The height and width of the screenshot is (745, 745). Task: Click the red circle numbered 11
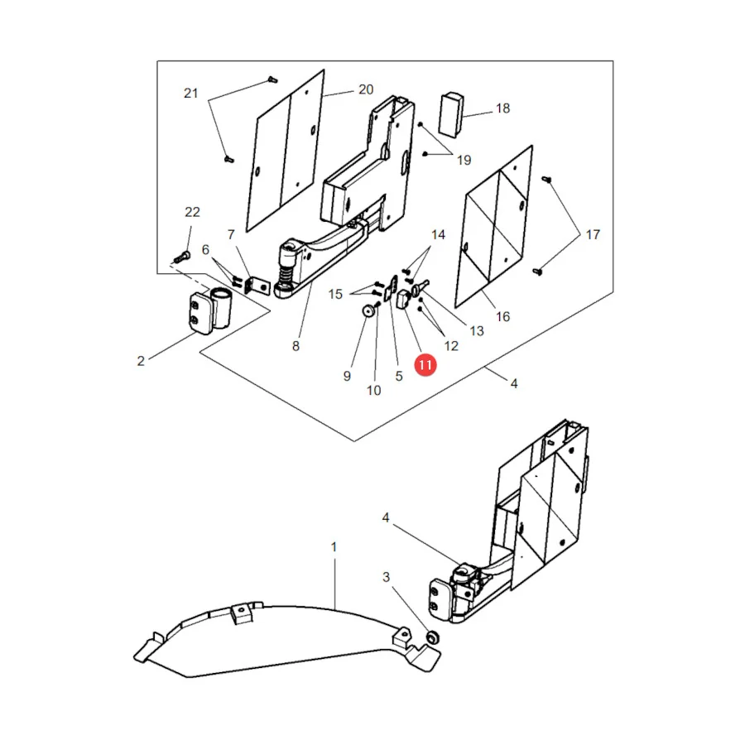tap(425, 365)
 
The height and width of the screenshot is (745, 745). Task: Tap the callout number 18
tap(502, 108)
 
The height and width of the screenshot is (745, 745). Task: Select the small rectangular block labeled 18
tap(451, 114)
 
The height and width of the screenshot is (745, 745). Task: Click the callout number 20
tap(366, 89)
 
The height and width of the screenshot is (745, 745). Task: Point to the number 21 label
tap(190, 93)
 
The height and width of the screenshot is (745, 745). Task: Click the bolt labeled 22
tap(182, 257)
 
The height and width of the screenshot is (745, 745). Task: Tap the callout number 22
tap(192, 212)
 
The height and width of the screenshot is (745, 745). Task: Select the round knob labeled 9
tap(368, 311)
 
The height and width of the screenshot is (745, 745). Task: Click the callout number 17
tap(593, 234)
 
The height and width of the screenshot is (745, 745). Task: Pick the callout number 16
tap(502, 316)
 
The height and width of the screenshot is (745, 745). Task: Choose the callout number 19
tap(464, 160)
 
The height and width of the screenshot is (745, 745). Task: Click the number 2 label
tap(141, 361)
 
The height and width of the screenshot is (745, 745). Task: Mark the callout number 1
tap(334, 547)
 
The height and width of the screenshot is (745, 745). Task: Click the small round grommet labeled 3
tap(432, 637)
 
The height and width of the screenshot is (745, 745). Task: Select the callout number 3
tap(386, 577)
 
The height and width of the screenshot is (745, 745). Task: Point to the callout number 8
tap(296, 346)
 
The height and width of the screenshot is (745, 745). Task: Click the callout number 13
tap(477, 330)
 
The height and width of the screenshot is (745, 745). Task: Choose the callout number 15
tap(335, 294)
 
